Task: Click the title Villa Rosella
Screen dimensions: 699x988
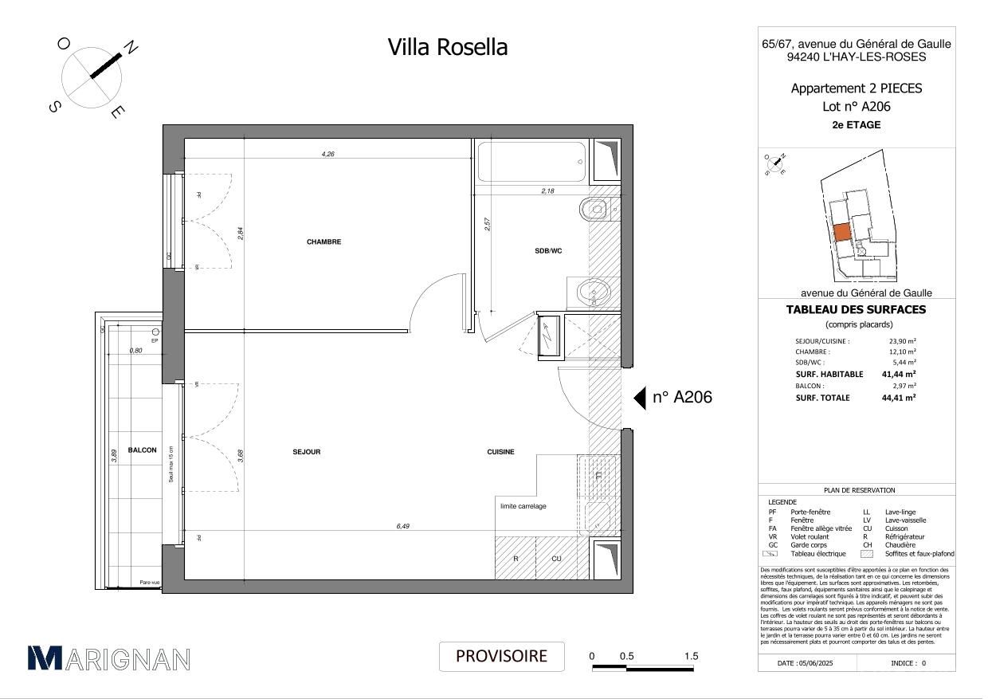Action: click(x=447, y=47)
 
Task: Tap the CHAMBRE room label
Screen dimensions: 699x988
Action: click(x=323, y=242)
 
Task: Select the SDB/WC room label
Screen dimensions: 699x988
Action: click(x=548, y=250)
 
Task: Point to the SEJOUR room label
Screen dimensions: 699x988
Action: click(x=307, y=452)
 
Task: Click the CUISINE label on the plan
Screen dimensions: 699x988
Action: click(x=500, y=452)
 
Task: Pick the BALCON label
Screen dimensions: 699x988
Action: click(x=143, y=450)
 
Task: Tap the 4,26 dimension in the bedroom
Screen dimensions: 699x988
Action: click(x=327, y=154)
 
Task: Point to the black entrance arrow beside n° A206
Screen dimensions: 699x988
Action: click(x=639, y=398)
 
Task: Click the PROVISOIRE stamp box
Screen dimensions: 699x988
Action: click(x=501, y=656)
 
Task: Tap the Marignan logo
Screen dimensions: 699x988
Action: click(x=109, y=658)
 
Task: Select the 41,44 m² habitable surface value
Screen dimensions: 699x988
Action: click(x=898, y=374)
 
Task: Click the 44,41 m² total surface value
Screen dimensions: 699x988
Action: click(x=898, y=397)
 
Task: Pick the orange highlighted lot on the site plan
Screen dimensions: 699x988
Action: click(x=841, y=232)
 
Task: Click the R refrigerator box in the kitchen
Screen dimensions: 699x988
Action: click(x=516, y=559)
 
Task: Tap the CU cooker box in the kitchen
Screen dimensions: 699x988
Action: click(x=556, y=559)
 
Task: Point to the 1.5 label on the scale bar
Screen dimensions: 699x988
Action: click(x=691, y=656)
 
